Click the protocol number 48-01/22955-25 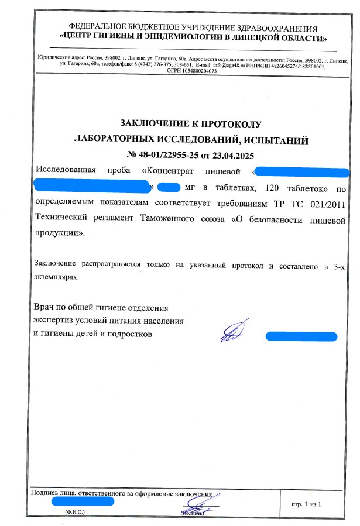click(x=169, y=155)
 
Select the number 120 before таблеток click(x=275, y=188)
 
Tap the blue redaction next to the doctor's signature click(x=301, y=336)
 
